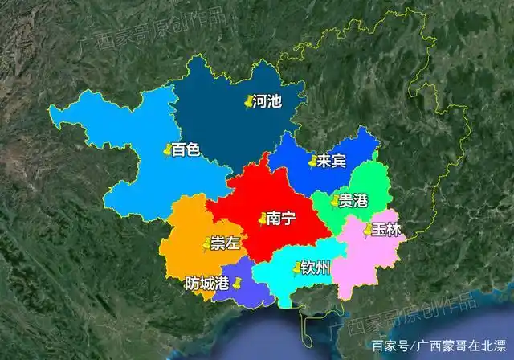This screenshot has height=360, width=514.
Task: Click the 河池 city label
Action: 267,102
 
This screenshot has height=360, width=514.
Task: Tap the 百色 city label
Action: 186,149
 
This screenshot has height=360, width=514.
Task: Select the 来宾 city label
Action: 331,161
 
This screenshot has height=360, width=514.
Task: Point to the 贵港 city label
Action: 353,200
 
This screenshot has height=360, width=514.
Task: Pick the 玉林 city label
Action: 386,230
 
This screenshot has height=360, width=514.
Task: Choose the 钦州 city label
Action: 316,267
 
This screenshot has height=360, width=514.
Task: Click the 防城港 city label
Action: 206,283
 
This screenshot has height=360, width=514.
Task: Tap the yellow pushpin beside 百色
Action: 166,149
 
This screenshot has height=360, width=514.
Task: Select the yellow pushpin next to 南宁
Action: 262,218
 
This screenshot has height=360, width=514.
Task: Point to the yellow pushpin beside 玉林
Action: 368,230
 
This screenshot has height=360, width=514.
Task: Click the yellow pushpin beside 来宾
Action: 312,162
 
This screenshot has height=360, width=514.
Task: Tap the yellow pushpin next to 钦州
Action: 296,268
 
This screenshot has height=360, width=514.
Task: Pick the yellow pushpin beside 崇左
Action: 206,243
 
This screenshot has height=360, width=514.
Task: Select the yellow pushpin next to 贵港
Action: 334,200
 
